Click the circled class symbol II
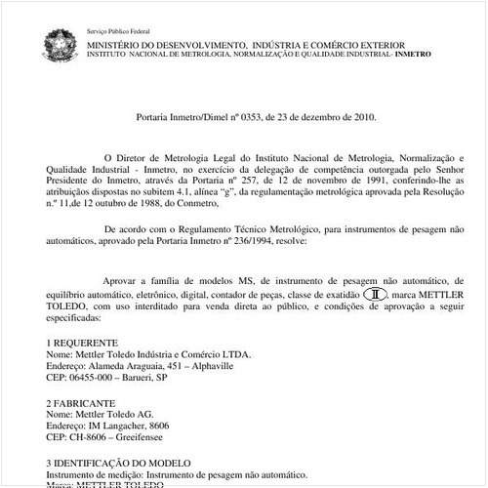(376, 294)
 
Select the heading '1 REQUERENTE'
(83, 343)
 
